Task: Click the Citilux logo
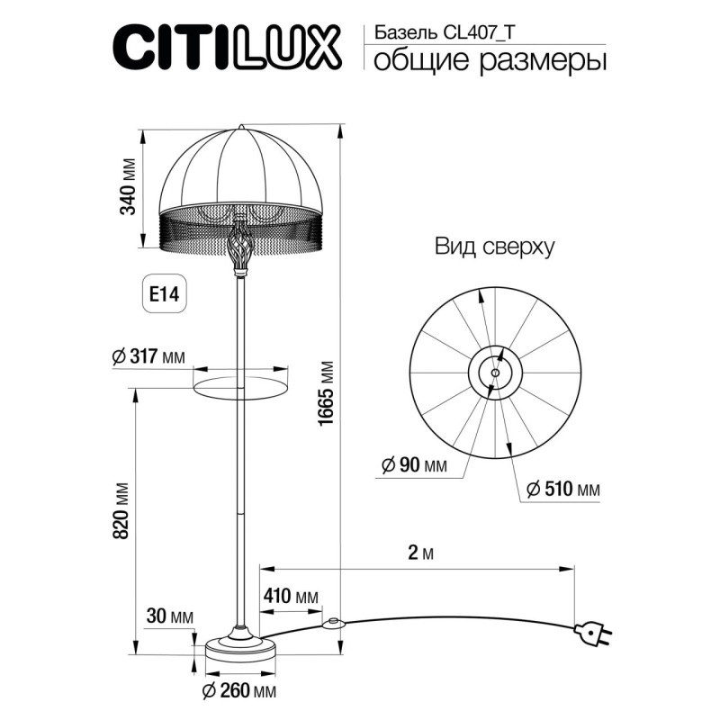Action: point(226,48)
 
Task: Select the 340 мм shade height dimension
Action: point(129,189)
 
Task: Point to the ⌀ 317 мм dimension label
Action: point(148,356)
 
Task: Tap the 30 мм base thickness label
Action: point(169,616)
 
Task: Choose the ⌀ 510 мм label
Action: point(561,489)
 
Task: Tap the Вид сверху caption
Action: point(494,246)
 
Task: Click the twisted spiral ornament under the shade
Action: point(240,246)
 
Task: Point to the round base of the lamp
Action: point(240,646)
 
